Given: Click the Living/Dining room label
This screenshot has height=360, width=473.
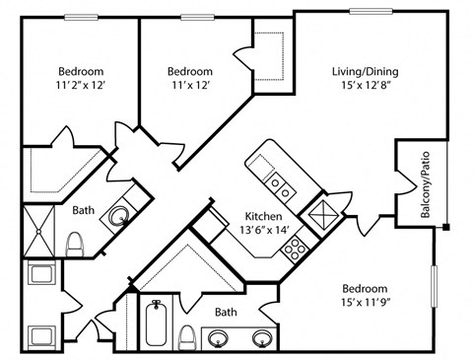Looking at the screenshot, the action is point(366,72).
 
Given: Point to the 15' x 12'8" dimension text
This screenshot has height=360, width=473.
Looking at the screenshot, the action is point(366,86).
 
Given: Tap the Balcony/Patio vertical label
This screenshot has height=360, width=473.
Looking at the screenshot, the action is point(425,184).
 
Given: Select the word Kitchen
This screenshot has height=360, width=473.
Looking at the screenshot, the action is point(263,216).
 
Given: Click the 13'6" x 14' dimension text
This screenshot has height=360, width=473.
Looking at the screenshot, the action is point(264,230).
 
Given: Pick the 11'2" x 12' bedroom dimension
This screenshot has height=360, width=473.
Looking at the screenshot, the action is point(81,86).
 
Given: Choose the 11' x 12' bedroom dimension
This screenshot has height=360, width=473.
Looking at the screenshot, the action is point(191,86).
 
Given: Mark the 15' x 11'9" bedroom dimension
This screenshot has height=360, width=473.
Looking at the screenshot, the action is point(366,302).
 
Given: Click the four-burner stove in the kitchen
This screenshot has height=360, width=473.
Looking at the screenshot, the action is point(295,249).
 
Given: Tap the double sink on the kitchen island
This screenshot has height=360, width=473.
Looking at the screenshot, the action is point(279,186).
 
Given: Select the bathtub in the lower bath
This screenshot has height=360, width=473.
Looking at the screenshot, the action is point(157,323).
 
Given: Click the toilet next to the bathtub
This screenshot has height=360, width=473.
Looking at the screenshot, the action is point(187,337).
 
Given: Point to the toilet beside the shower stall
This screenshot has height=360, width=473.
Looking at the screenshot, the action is point(74,245).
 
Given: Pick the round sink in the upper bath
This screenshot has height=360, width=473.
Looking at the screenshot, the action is point(118,216).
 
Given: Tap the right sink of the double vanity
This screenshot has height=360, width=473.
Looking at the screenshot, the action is point(262,337).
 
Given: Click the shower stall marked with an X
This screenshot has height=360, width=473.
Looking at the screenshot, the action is point(39,231).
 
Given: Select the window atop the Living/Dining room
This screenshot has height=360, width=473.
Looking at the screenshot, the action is point(371,11).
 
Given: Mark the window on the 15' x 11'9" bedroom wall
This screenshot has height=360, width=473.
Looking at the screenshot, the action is point(435,286).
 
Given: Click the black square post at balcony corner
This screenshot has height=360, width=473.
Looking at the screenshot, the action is point(445,227).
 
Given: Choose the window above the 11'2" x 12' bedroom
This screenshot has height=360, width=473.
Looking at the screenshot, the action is point(81,17).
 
